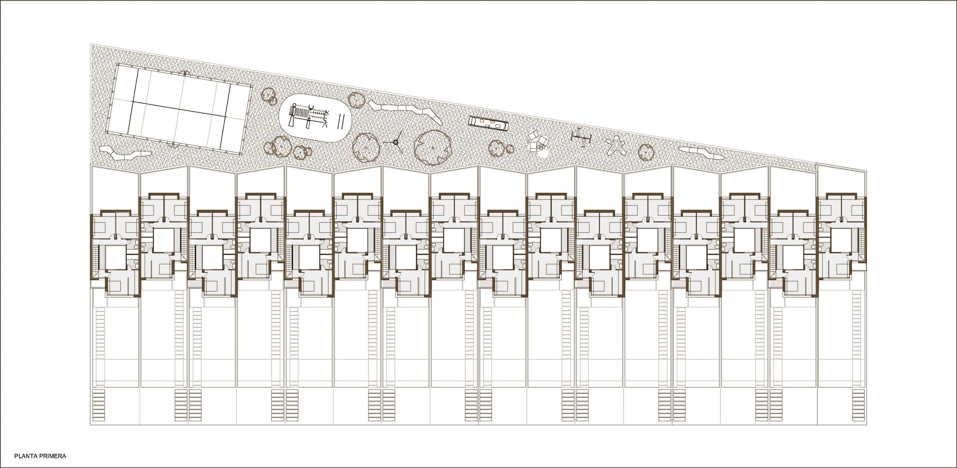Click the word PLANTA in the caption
[26, 456]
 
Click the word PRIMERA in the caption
[52, 456]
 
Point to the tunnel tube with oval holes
[489, 124]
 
